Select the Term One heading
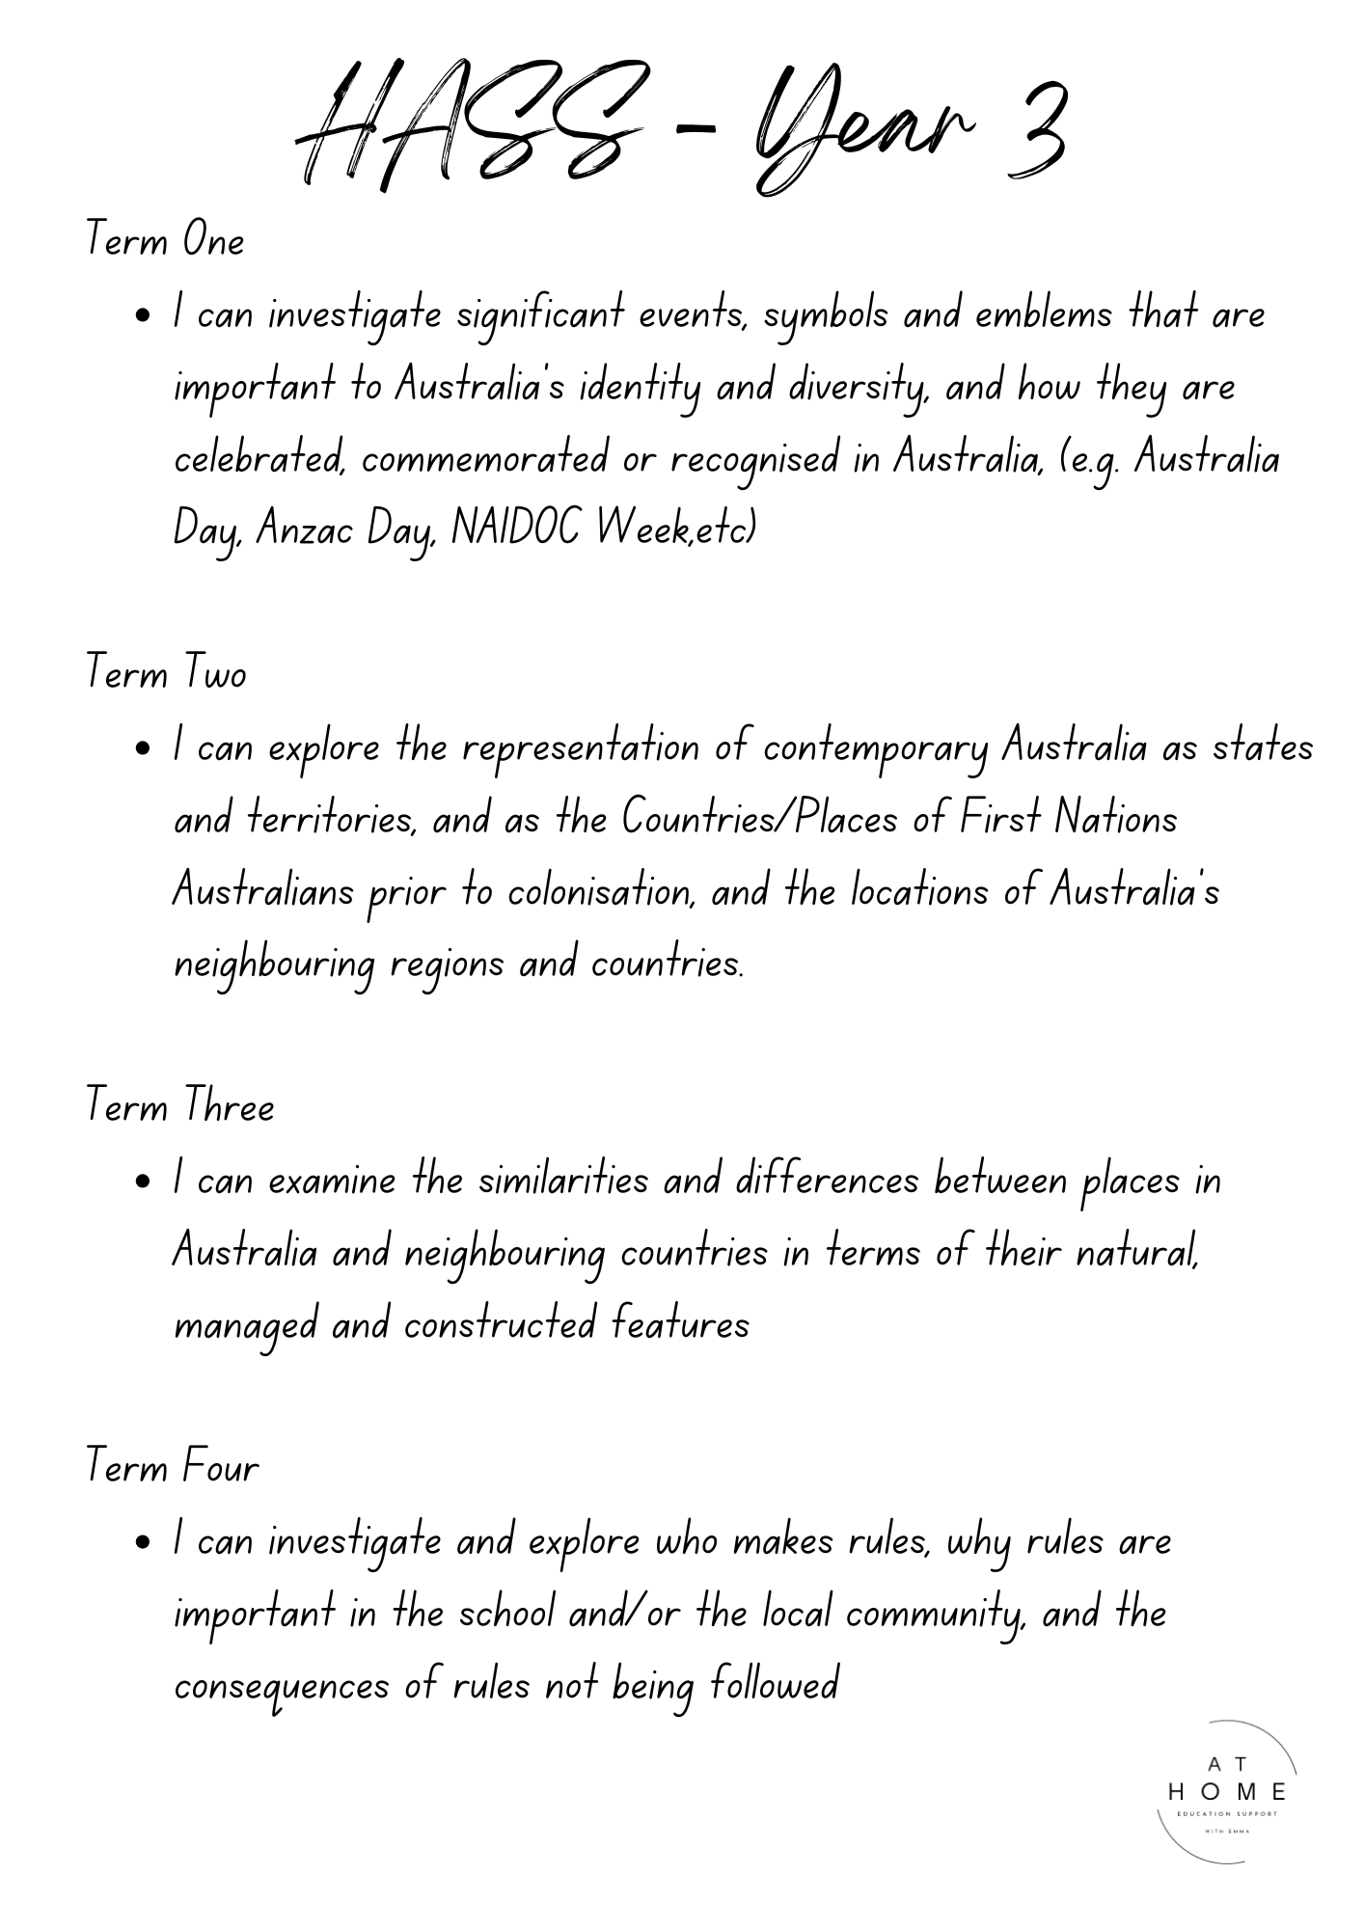(x=165, y=239)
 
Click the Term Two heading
(x=166, y=672)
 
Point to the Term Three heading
(x=180, y=1105)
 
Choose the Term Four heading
(x=173, y=1467)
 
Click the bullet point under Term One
(x=143, y=315)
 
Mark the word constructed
(x=500, y=1324)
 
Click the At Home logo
(x=1226, y=1791)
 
